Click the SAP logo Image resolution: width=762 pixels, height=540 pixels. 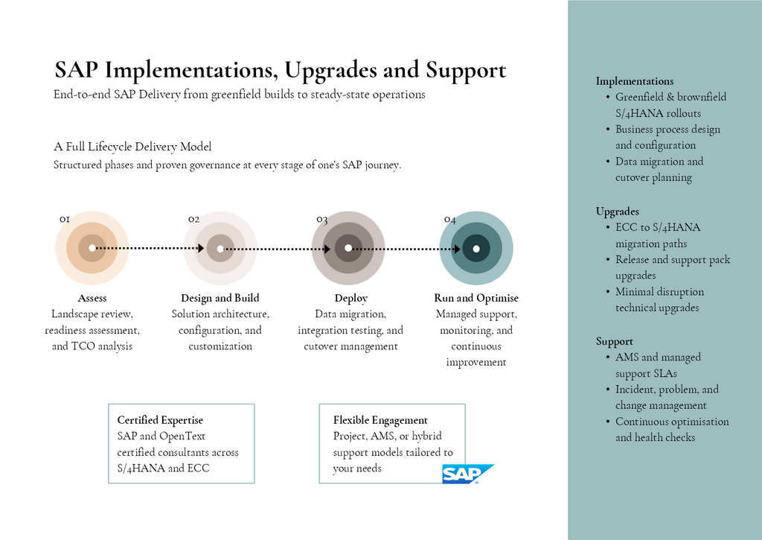tap(467, 474)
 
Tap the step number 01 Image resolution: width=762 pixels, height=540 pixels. tap(65, 220)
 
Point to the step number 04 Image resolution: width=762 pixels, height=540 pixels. tap(450, 220)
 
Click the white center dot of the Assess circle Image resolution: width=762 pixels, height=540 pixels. tap(92, 248)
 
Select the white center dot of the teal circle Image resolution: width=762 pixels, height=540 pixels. tap(476, 249)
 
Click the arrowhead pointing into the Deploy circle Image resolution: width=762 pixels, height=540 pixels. tap(327, 249)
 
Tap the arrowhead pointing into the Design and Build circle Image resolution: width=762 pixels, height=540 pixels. tap(201, 248)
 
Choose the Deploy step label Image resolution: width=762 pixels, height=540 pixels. tap(351, 298)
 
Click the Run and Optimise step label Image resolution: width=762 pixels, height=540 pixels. tap(476, 298)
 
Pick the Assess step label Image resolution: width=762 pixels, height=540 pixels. tap(92, 298)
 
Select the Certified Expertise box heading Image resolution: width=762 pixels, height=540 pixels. tap(160, 420)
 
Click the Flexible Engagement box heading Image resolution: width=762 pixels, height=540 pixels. tap(380, 420)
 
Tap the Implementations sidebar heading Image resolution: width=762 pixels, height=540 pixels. tap(635, 81)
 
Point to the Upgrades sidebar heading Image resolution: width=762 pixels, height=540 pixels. tap(617, 212)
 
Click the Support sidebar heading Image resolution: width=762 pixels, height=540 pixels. tap(615, 342)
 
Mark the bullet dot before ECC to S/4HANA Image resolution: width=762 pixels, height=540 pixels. tap(608, 228)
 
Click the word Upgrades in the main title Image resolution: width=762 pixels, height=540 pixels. tap(330, 71)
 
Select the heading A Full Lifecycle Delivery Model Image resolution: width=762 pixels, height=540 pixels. tap(132, 147)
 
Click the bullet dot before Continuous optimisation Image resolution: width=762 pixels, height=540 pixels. tap(608, 422)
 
